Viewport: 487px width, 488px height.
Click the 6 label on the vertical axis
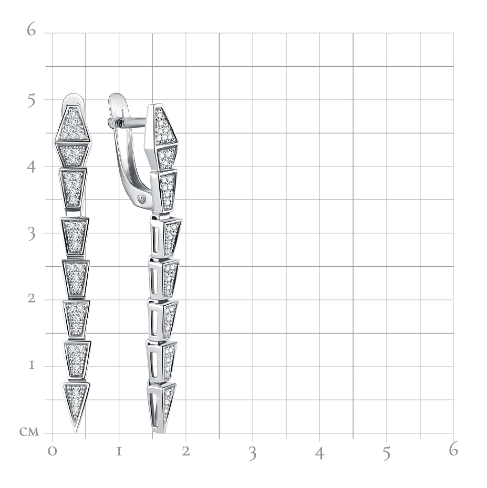tap(31, 29)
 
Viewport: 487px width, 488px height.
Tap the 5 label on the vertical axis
tap(31, 100)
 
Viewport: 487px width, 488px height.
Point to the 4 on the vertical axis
tap(31, 167)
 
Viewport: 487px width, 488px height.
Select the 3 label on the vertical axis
tap(32, 234)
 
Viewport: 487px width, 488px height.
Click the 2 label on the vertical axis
tap(32, 298)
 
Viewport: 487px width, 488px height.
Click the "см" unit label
tap(29, 432)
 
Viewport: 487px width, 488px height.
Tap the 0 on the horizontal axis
tap(53, 451)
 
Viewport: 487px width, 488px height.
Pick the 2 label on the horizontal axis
tap(186, 451)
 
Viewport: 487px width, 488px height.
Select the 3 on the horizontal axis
tap(253, 453)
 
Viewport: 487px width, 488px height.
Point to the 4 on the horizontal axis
tap(319, 453)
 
